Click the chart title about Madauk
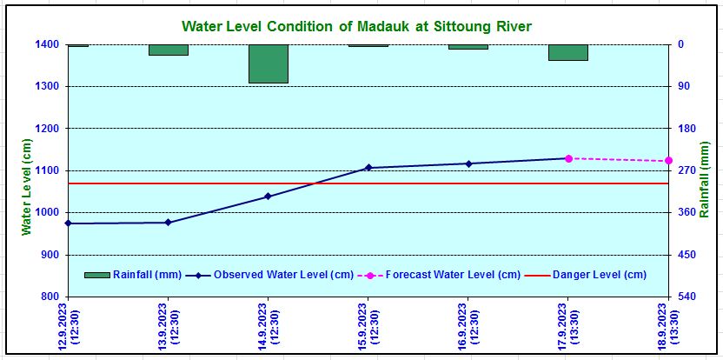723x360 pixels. (356, 26)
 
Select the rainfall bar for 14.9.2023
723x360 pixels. (268, 63)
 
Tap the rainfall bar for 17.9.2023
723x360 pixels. (568, 52)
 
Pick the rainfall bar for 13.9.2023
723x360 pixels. (168, 50)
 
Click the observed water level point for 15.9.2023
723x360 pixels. (368, 167)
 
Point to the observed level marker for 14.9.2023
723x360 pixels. (268, 197)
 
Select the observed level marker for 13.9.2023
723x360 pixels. (168, 223)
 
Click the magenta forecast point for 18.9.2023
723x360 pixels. (668, 161)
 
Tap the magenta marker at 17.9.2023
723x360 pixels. (568, 158)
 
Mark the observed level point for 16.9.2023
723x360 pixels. (468, 163)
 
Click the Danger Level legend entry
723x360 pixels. (600, 275)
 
